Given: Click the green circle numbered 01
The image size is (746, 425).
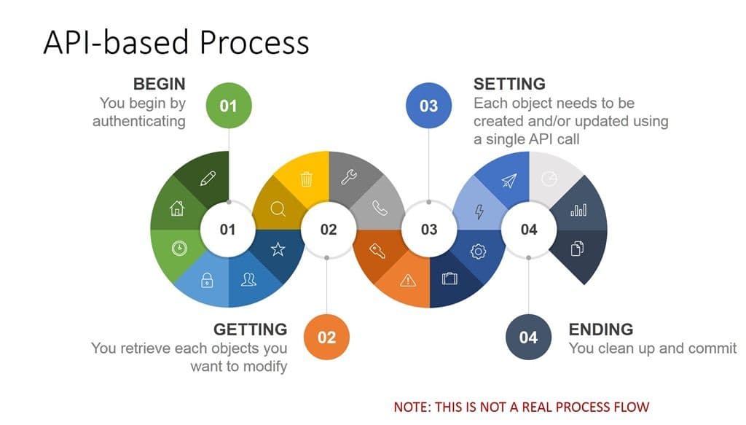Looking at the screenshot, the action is point(228,105).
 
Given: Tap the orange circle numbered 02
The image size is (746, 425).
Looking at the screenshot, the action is point(326,337).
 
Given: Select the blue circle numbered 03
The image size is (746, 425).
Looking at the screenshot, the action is point(428,105).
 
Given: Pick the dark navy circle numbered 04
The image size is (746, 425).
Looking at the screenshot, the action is point(529,337).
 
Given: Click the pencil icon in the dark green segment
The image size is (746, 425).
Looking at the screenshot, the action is point(208,179).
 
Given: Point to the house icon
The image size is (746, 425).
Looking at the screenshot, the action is point(177,208).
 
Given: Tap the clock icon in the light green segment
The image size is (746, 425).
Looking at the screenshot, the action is point(179,248).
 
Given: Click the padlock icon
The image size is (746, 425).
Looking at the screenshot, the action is point(207,280).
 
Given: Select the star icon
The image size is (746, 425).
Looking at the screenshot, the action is point(278,249).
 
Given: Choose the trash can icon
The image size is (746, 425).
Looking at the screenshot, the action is point(307,179).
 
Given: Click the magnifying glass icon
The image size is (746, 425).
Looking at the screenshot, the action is point(278,209).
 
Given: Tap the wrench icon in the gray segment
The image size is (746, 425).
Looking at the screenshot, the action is point(349,177).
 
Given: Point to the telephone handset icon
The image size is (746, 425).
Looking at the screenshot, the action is point(380,208).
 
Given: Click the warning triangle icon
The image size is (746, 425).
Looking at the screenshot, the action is point(408,281).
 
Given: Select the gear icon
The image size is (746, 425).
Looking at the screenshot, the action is point(478,252).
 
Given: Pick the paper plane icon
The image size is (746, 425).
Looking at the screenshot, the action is point(509,180).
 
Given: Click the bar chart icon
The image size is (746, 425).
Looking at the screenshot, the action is point(578,209).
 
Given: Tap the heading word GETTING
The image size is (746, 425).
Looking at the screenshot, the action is point(251,330).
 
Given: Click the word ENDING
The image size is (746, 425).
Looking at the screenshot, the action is point(601,330).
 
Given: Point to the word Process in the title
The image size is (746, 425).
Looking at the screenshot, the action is point(254,42).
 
